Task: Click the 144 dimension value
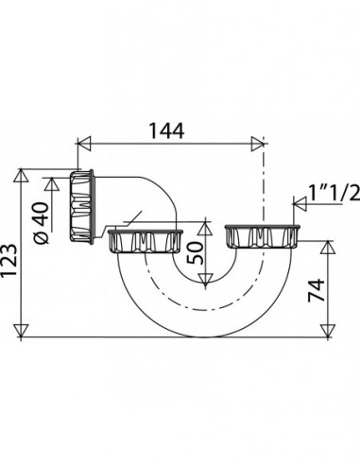coord(166,130)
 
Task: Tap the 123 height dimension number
coord(9,260)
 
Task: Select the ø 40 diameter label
coord(42,223)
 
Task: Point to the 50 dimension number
coord(194,252)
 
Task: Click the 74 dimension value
coord(316,290)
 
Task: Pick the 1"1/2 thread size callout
coord(334,193)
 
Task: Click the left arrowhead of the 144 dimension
coord(84,144)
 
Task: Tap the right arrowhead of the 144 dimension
coord(257,144)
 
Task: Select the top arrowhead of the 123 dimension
coord(21,175)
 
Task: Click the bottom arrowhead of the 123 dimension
coord(21,331)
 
